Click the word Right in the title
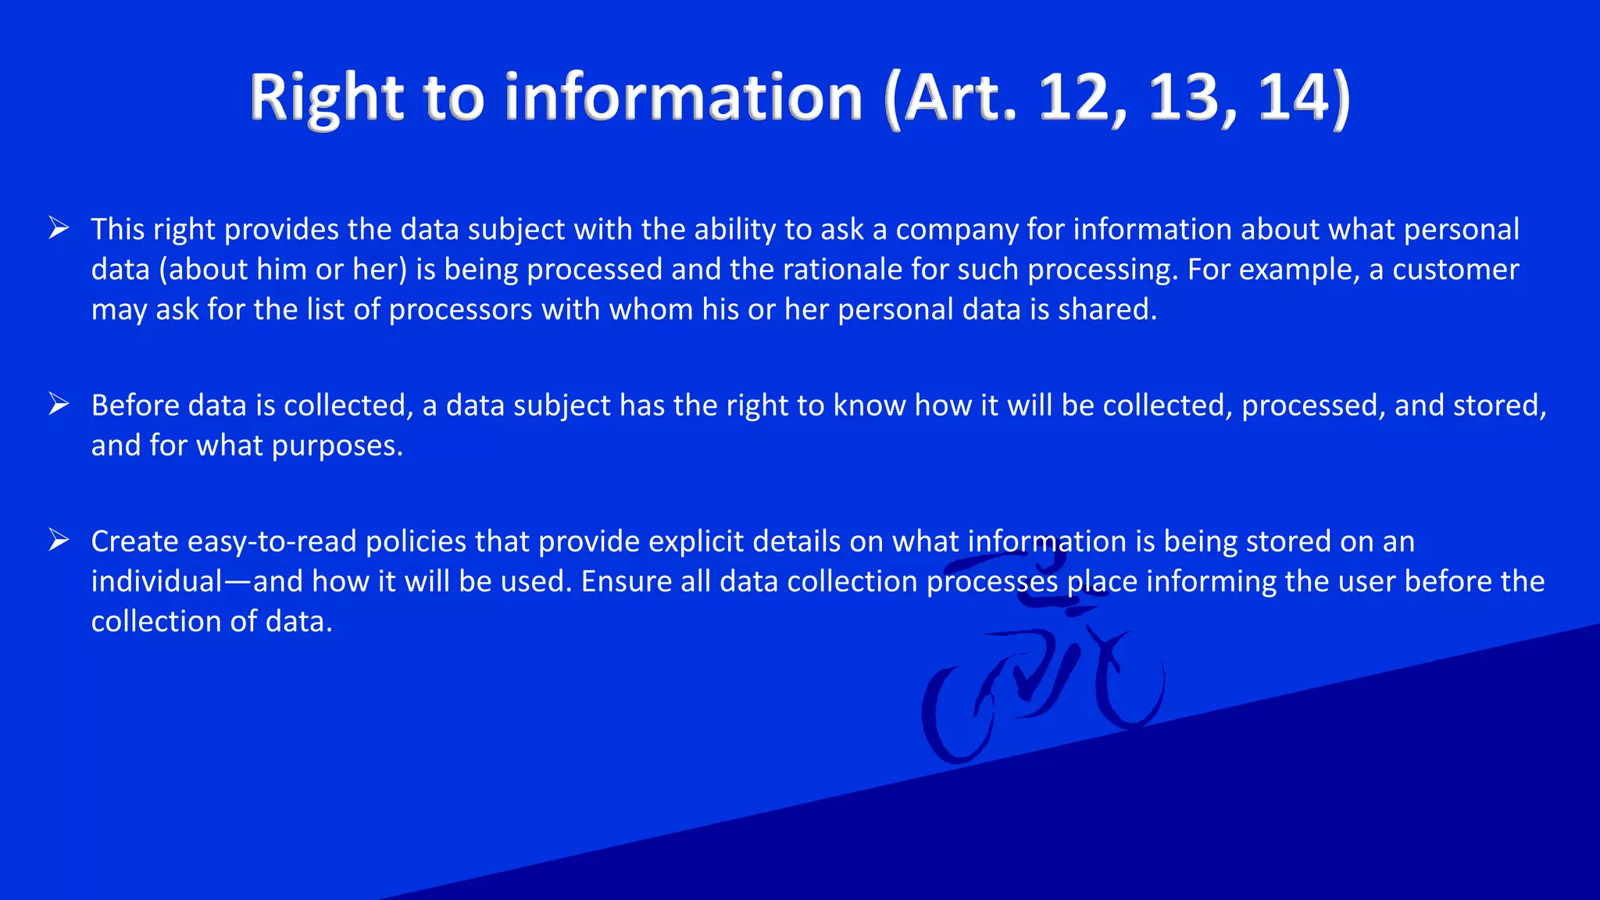tap(326, 98)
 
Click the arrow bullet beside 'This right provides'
tap(59, 228)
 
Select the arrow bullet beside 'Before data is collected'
tap(59, 404)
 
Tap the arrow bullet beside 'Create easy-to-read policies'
tap(59, 540)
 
